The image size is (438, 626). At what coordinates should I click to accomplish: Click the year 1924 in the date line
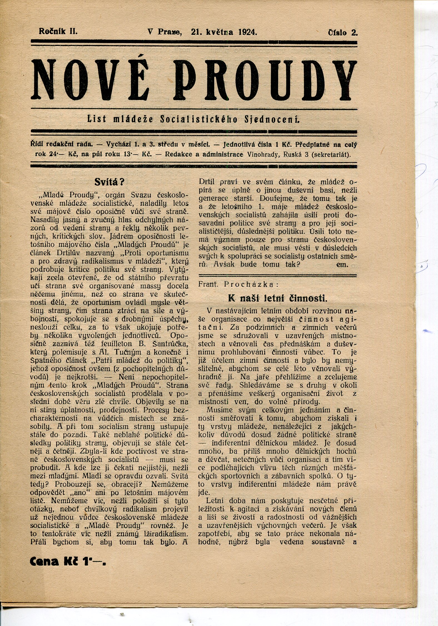coord(247,32)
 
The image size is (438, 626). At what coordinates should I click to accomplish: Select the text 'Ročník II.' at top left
coord(58,31)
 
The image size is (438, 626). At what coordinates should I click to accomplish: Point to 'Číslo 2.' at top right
coord(343,33)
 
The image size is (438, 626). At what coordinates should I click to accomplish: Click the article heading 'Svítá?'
coord(109,182)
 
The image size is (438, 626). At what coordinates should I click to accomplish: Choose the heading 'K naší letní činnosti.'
coord(277,299)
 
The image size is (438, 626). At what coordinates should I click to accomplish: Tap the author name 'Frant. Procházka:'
coord(238,284)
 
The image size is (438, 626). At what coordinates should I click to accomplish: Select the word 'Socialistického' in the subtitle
coord(199,119)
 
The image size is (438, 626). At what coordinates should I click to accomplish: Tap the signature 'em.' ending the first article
coord(342,264)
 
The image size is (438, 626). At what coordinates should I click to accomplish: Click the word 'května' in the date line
coord(220,32)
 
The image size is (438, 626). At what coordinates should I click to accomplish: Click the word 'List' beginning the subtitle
coord(97,119)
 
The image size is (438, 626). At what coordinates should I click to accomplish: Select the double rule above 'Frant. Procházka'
coord(277,276)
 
